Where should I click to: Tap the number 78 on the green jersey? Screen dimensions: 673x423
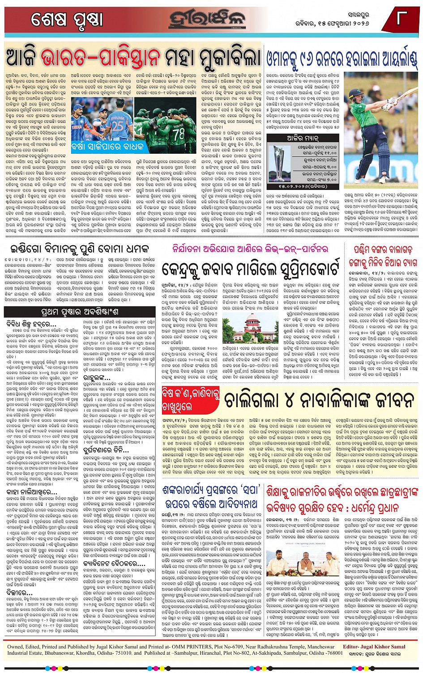point(179,133)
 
